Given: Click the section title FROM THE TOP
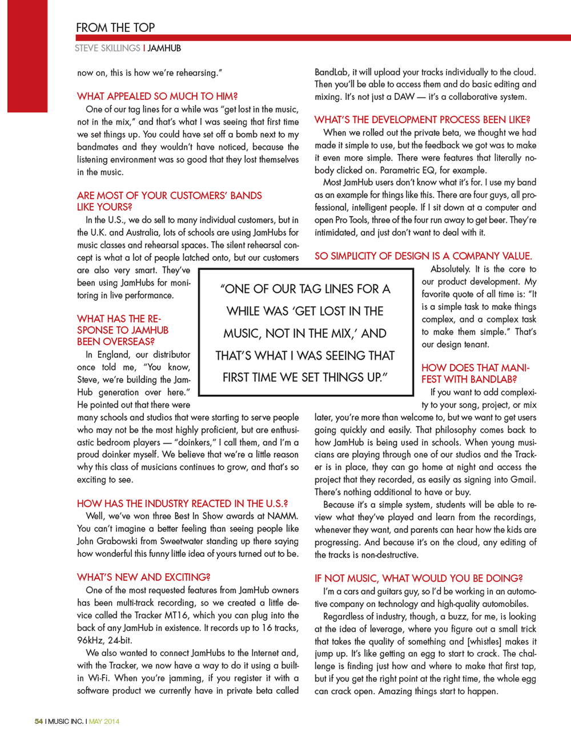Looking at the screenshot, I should coord(115,27).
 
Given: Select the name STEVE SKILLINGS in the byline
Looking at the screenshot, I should coord(107,49).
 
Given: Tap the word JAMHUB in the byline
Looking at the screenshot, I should coord(164,49).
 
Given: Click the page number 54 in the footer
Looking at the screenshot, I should coord(39,722).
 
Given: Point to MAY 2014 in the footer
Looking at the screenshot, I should coord(104,722).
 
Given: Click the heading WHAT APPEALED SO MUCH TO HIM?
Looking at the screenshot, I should coord(157,96).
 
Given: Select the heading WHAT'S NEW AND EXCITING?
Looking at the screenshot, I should coord(143,577).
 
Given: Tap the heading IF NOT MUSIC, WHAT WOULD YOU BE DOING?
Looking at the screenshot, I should coord(419,578).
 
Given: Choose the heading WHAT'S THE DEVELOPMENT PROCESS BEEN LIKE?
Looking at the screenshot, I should coord(422,120).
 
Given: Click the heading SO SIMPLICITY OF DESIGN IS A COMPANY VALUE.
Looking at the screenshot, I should coord(423,256).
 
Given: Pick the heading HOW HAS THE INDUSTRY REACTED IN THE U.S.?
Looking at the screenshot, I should coord(182,504).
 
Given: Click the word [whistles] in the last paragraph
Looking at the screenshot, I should coord(488,642).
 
